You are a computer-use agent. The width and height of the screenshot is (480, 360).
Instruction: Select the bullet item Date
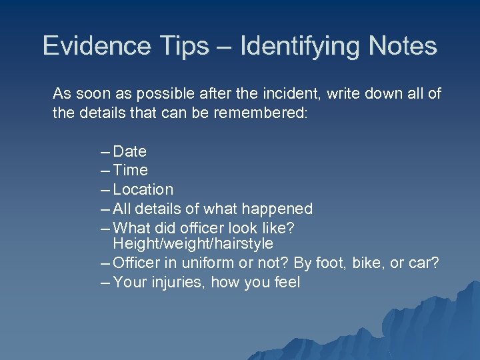(x=130, y=152)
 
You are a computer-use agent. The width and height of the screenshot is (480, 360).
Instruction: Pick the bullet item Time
(x=131, y=171)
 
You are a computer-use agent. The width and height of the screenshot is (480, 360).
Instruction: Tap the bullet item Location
(x=143, y=190)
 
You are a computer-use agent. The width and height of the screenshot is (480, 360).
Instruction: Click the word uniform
(x=202, y=263)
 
